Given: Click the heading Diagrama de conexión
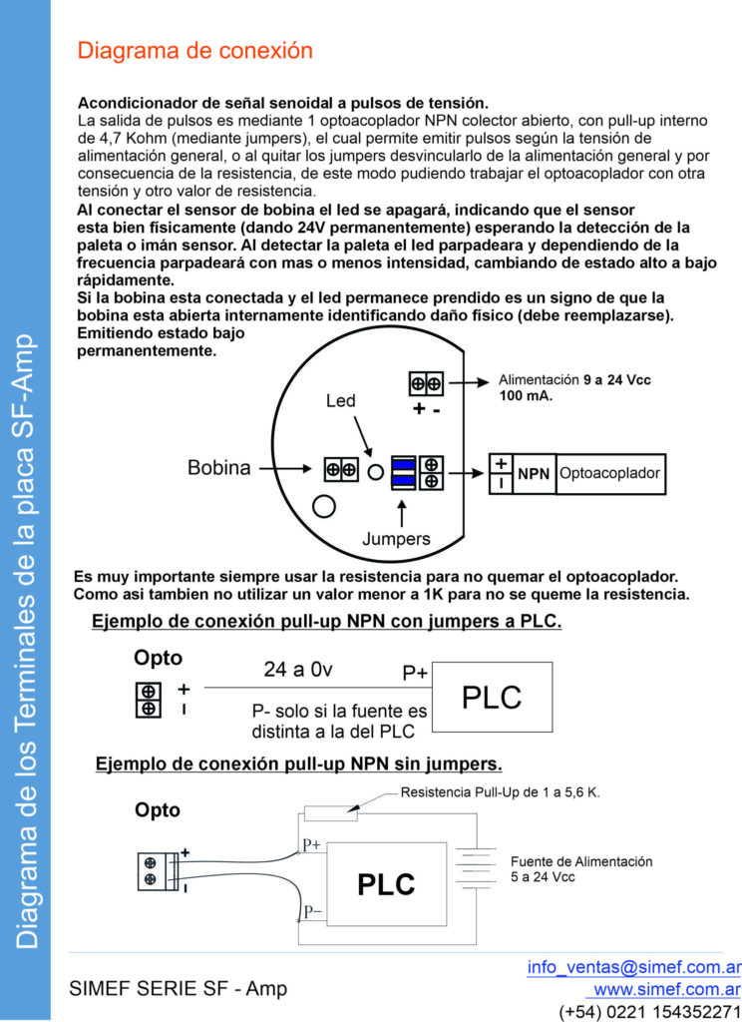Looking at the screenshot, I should click(x=195, y=51).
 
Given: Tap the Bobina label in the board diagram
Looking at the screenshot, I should click(x=219, y=468).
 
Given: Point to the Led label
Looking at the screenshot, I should click(x=341, y=400).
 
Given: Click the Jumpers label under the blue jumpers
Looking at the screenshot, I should click(x=397, y=539).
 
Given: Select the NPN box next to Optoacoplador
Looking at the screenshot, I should click(x=534, y=474).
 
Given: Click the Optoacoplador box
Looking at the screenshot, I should click(x=609, y=474).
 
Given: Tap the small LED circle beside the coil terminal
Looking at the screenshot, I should click(x=376, y=471).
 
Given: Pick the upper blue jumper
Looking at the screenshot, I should click(x=403, y=464).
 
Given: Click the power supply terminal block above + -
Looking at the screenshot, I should click(x=427, y=383).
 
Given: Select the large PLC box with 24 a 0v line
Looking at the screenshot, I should click(x=493, y=697).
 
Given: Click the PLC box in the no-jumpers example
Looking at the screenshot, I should click(x=386, y=882).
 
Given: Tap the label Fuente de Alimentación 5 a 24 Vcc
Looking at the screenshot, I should click(x=580, y=868).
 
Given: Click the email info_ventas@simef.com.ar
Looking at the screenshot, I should click(x=633, y=966).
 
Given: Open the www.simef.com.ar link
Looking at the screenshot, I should click(x=666, y=989).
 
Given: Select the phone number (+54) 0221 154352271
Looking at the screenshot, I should click(x=649, y=1011).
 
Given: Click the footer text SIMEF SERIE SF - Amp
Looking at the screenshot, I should click(x=178, y=989).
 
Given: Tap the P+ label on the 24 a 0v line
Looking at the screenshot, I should click(x=415, y=674).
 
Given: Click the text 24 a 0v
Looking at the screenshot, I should click(x=297, y=669).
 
